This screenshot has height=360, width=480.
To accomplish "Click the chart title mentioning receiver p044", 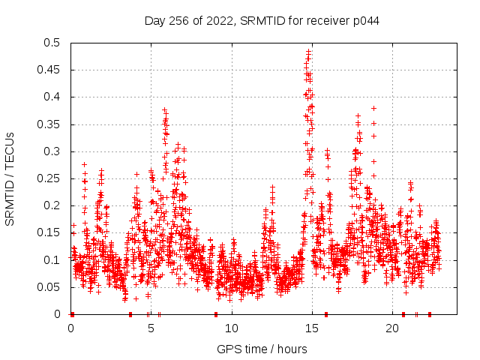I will [262, 20].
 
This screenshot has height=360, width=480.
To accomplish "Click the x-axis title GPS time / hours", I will [262, 349].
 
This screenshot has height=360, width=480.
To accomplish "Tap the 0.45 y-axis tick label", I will [52, 70].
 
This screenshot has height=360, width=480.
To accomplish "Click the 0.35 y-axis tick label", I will [52, 124].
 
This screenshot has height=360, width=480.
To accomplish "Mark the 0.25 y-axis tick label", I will [52, 178].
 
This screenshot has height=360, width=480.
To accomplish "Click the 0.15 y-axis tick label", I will [52, 232].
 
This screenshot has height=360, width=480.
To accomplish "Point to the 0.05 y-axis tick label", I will [52, 287].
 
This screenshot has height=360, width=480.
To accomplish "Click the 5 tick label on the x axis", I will [151, 328].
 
